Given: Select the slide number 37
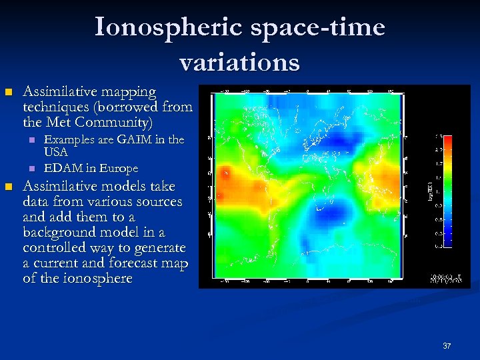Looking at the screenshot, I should tap(447, 346).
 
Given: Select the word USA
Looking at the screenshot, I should tap(55, 152).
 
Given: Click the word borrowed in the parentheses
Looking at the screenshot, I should tap(133, 107).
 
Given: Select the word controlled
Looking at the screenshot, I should tap(55, 247).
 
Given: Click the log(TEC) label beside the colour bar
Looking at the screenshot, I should tap(428, 191).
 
